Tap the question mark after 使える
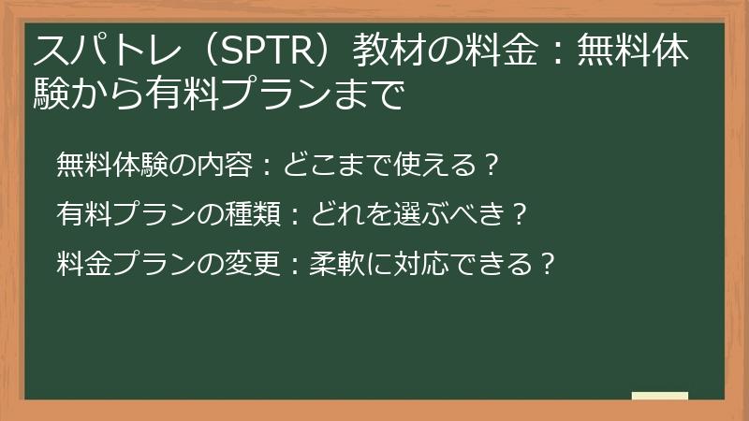coord(485,166)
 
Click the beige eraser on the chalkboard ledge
coord(659,396)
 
